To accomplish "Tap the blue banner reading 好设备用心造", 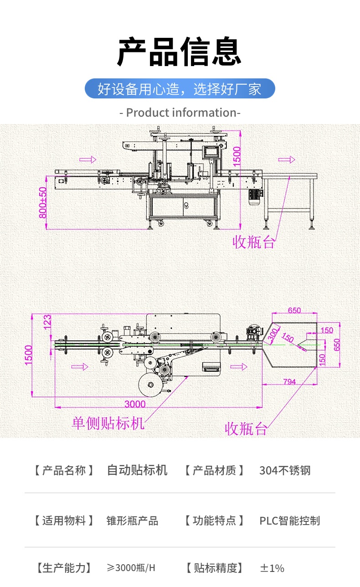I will click(180, 88).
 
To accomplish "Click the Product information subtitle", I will click(180, 113).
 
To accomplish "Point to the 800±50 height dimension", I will click(43, 202).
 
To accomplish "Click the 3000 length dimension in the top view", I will click(135, 404).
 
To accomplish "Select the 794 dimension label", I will click(289, 381).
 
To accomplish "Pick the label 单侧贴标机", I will click(108, 423).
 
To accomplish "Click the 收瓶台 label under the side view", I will click(254, 242).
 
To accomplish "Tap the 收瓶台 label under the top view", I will click(246, 428).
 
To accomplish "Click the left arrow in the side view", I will click(88, 160).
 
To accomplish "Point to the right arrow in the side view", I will click(287, 160).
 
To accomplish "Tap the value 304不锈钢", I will click(285, 470).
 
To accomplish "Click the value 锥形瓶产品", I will click(132, 520).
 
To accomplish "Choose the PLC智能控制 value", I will click(289, 520).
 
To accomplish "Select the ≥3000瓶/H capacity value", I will click(131, 568).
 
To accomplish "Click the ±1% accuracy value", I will click(272, 568).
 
